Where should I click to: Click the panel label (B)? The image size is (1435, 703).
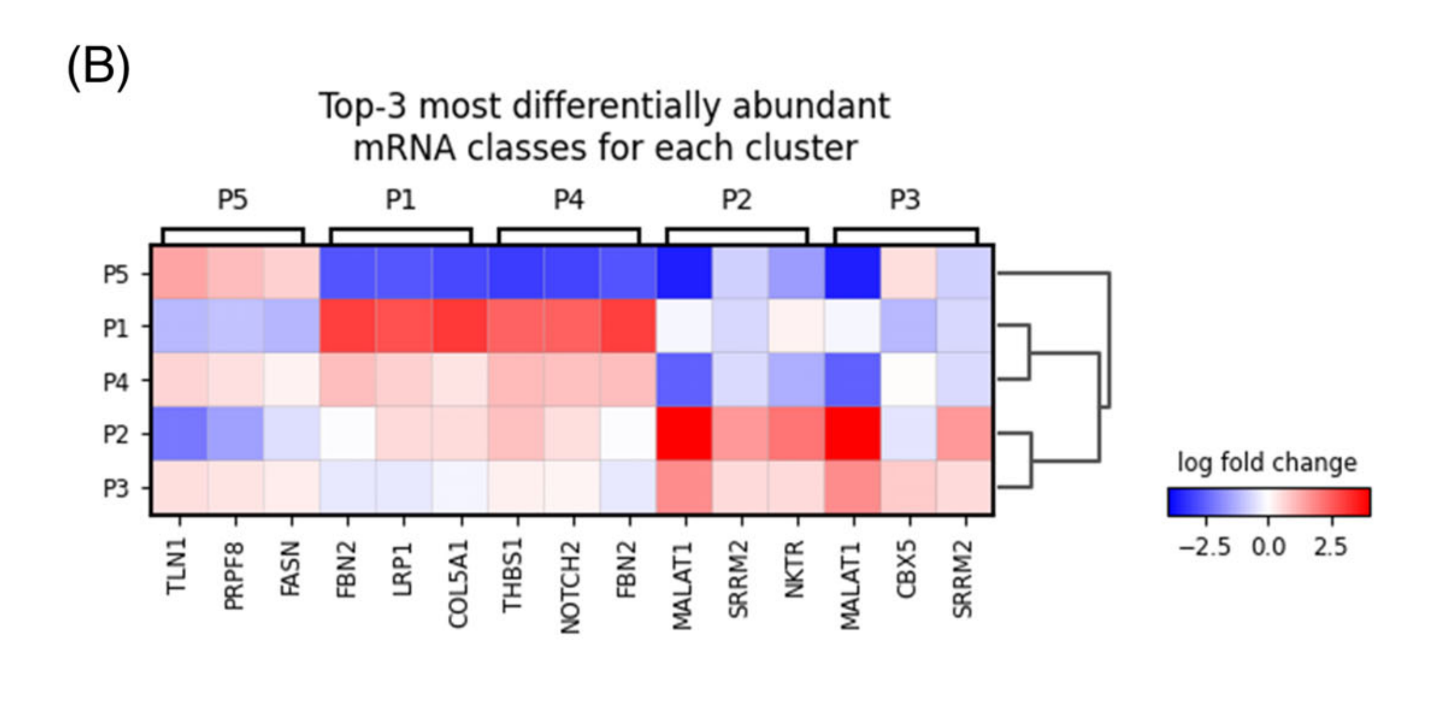pos(98,67)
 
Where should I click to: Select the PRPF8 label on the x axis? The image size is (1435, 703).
pos(233,576)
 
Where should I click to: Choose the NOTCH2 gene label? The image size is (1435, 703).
pos(570,588)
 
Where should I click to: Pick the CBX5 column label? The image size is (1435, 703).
pos(908,569)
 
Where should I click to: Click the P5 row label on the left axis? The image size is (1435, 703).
pos(116,275)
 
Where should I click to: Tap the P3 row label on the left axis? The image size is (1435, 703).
pos(116,488)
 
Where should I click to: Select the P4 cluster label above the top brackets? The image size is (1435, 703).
pos(569,200)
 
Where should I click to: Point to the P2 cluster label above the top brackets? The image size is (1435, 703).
pos(737,200)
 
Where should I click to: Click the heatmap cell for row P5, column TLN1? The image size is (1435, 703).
pos(179,273)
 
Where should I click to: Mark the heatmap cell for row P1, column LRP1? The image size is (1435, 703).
pos(404,326)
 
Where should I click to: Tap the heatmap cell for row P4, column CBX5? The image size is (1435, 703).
pos(909,380)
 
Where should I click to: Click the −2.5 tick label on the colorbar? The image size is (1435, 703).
pos(1204,547)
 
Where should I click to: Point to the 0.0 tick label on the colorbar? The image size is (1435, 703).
pos(1268,547)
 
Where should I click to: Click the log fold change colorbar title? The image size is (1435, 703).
pos(1267,462)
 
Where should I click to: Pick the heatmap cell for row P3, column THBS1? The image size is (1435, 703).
pos(516,488)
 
